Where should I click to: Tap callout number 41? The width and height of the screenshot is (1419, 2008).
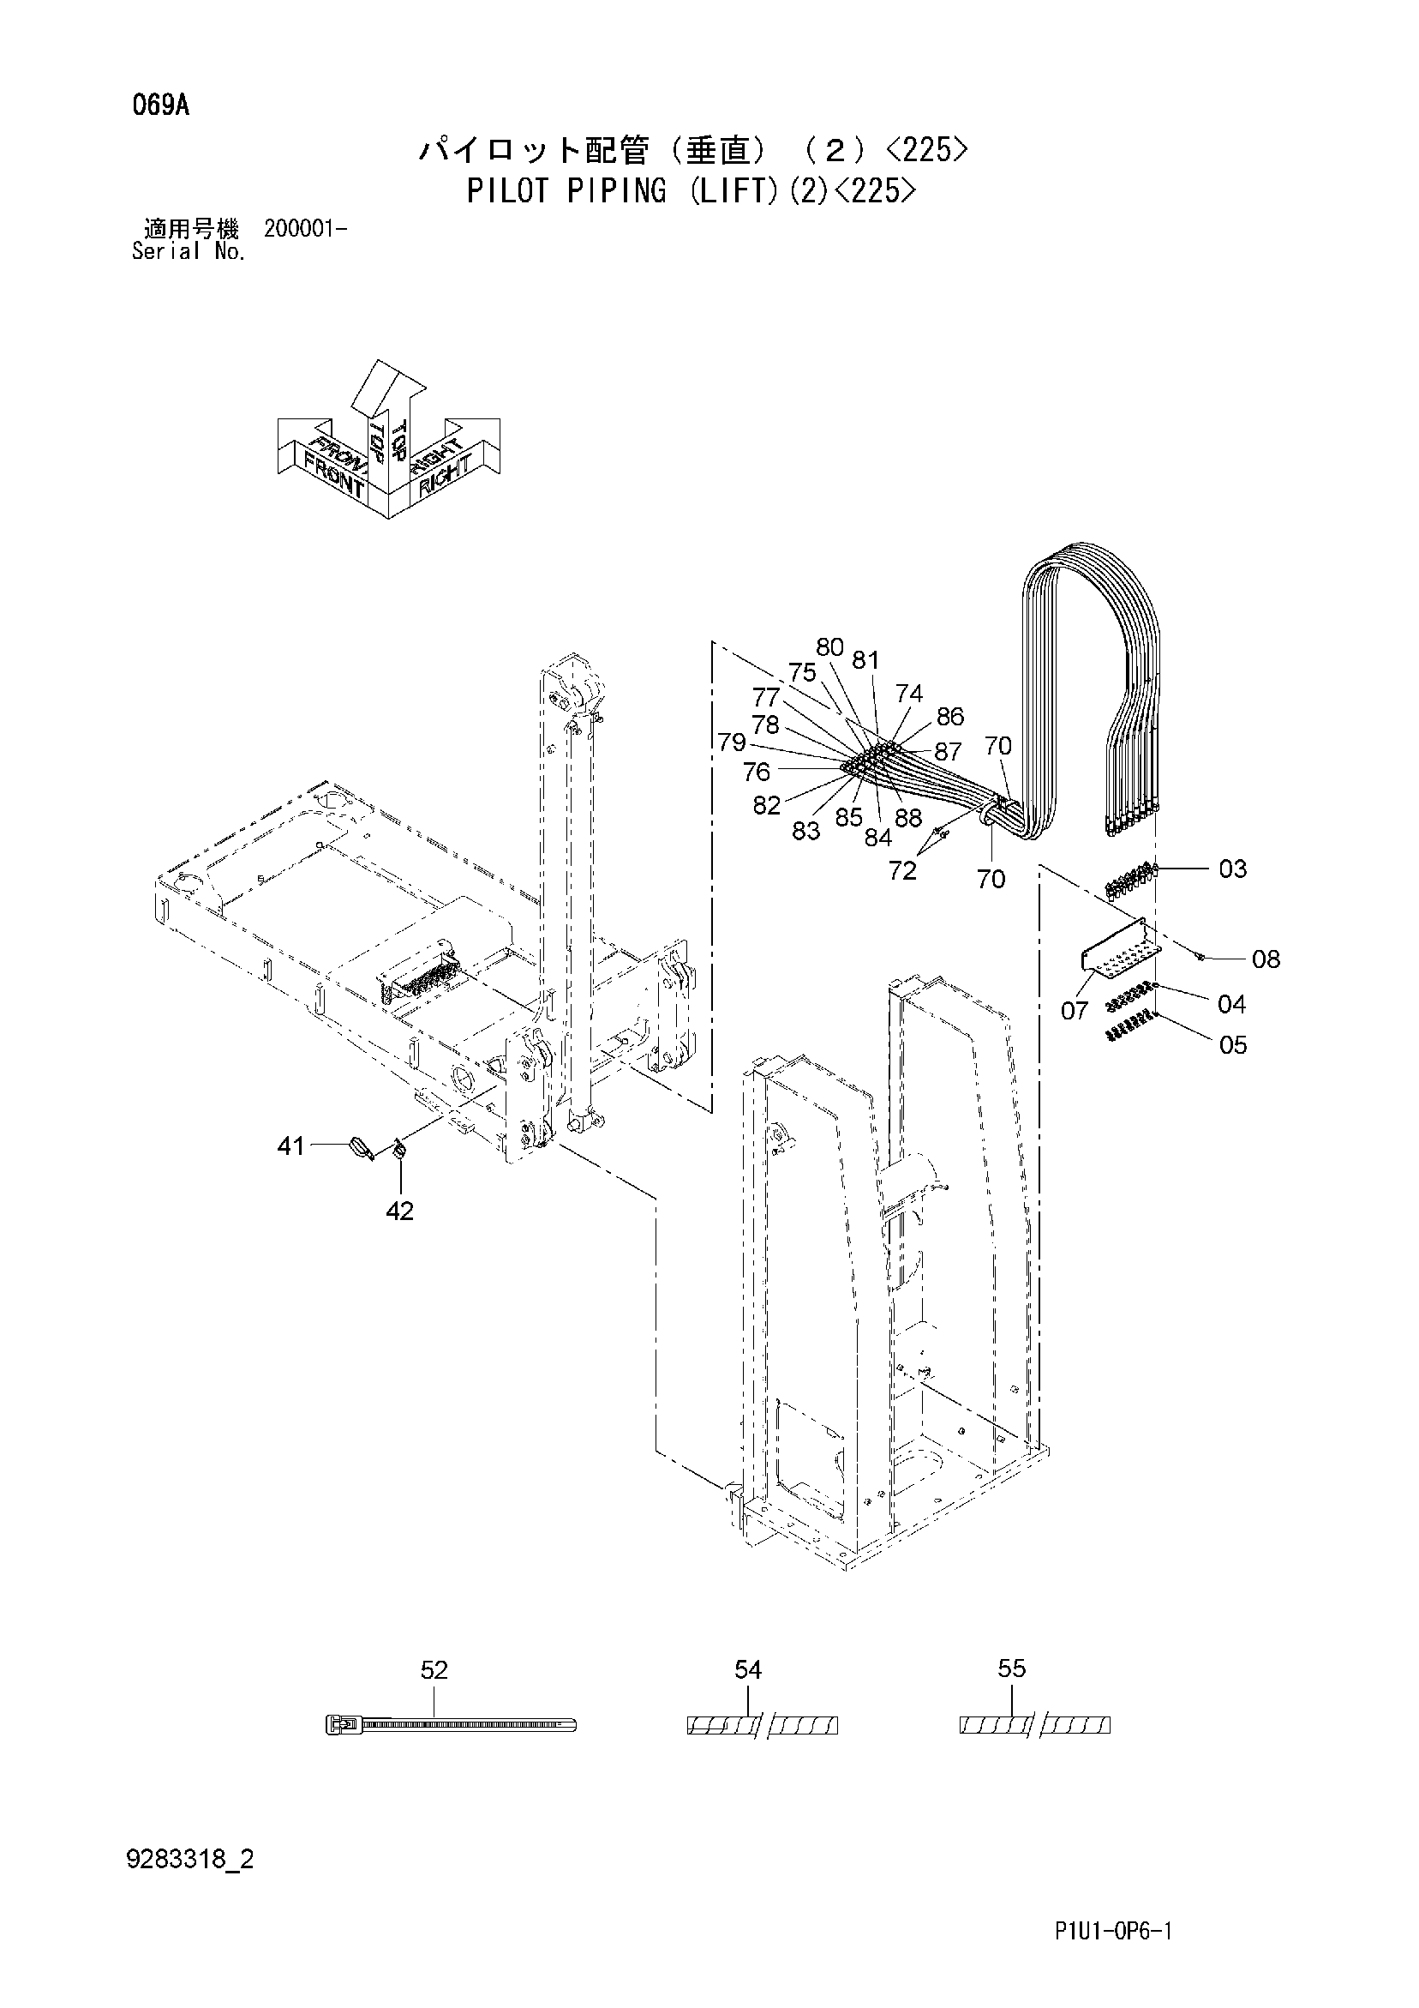(x=290, y=1145)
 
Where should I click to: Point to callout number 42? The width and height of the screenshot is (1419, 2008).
(x=399, y=1211)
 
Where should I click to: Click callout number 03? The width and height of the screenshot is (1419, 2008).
(x=1233, y=869)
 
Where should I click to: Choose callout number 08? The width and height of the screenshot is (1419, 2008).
(x=1266, y=959)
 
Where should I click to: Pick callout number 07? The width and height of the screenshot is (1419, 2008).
(x=1075, y=1011)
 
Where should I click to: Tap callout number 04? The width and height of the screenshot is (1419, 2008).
(x=1231, y=1004)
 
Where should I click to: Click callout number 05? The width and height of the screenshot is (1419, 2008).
(x=1233, y=1045)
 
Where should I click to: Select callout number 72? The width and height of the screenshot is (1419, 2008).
(x=902, y=870)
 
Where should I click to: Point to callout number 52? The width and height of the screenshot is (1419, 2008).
(x=434, y=1670)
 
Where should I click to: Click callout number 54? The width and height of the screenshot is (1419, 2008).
(x=747, y=1670)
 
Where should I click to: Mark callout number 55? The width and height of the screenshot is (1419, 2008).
(x=1012, y=1668)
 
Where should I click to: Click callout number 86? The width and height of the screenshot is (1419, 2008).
(x=949, y=716)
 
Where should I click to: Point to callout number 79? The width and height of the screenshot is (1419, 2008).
(x=732, y=742)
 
